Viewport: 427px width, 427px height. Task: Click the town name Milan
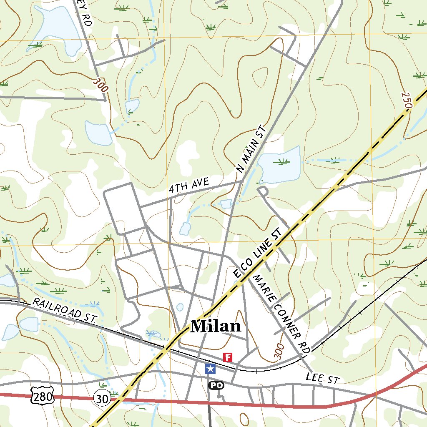[x=216, y=326]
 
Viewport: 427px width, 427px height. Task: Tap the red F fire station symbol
[x=228, y=357]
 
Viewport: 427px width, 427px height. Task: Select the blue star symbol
[x=211, y=369]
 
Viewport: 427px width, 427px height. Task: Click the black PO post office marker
[x=216, y=385]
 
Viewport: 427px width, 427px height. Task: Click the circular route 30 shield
[x=102, y=399]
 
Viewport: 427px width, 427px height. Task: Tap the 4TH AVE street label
[x=188, y=185]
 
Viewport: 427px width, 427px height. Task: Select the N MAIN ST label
[x=251, y=148]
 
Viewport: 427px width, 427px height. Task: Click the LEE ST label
[x=323, y=378]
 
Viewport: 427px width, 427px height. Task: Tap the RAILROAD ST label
[x=65, y=310]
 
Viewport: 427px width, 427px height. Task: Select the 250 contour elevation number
[x=407, y=100]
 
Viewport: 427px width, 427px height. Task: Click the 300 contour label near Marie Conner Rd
[x=279, y=352]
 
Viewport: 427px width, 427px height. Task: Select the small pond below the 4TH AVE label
[x=185, y=228]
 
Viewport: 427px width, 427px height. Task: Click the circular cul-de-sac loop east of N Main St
[x=263, y=191]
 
